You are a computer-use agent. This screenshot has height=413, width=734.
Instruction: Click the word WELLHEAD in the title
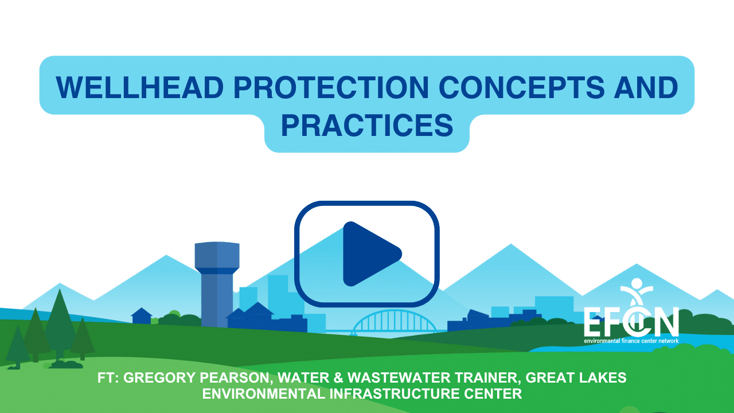tap(140, 87)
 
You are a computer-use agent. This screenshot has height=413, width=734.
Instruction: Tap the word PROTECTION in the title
tap(331, 87)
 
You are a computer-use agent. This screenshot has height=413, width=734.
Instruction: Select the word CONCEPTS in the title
tap(522, 87)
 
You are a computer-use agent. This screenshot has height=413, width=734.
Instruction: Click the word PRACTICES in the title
tap(367, 125)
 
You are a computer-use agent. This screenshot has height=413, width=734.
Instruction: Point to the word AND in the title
tap(646, 87)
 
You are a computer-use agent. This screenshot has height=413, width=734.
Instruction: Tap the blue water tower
tap(217, 284)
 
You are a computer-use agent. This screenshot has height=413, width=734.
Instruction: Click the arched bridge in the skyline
tap(394, 322)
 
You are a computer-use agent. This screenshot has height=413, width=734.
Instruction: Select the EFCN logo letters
tap(631, 322)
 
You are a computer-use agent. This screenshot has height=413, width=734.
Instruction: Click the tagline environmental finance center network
tap(631, 341)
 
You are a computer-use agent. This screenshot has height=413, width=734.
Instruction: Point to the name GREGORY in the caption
tap(159, 377)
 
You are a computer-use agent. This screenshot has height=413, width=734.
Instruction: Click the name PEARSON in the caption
tap(236, 378)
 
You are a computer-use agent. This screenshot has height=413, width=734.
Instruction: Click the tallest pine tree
tap(60, 325)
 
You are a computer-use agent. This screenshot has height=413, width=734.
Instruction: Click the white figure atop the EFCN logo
tap(637, 290)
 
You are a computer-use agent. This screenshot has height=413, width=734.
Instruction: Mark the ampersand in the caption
tap(338, 377)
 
